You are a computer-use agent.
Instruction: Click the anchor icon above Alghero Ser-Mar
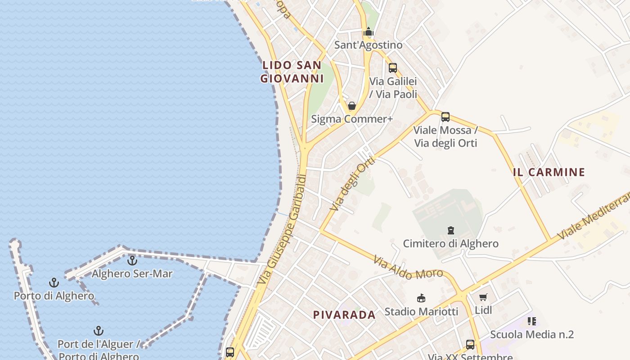(132, 260)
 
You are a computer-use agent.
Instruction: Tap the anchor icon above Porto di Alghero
(54, 283)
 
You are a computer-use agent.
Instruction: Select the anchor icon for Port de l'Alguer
(99, 331)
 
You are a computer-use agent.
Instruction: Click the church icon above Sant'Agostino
(369, 31)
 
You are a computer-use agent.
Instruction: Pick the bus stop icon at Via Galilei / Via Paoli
(393, 68)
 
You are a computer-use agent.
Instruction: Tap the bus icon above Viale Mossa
(445, 117)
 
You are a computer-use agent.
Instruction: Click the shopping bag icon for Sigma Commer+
(352, 106)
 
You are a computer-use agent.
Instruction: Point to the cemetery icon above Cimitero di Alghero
(451, 230)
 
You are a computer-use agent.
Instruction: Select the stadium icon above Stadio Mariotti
(421, 298)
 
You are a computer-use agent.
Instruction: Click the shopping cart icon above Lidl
(483, 297)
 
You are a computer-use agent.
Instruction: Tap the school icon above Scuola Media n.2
(532, 321)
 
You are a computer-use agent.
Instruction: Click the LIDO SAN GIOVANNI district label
(292, 72)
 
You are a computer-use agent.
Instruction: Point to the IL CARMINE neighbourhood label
(549, 172)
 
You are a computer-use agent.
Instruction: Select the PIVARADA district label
(344, 315)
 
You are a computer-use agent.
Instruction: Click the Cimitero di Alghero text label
(450, 244)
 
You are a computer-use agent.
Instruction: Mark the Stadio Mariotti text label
(421, 311)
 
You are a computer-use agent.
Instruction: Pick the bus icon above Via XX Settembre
(470, 345)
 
